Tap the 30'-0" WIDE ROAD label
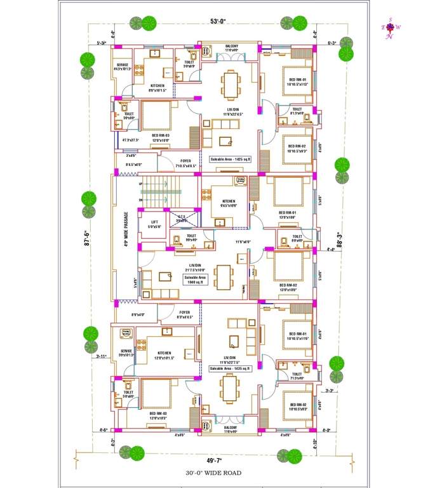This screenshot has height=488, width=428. [x=213, y=473]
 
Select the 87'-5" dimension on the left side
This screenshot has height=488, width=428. [x=90, y=241]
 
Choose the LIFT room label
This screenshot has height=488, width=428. [x=154, y=222]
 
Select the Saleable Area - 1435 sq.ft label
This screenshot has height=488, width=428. [x=230, y=368]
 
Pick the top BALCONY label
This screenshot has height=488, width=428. [x=232, y=46]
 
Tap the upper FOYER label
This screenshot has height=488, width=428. [x=185, y=161]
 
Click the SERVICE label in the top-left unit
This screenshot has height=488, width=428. [x=122, y=65]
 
